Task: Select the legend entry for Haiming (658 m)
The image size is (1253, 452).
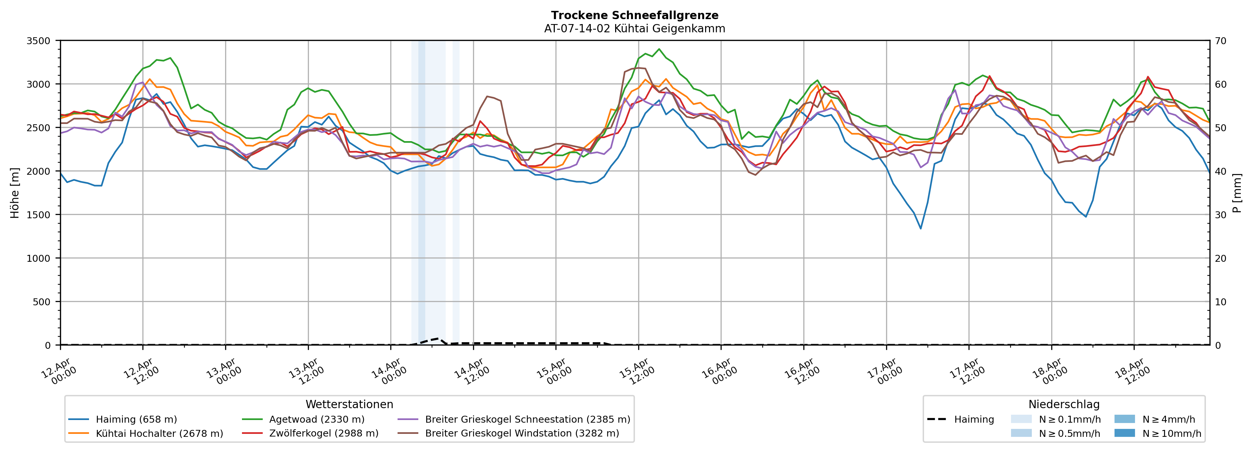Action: tap(136, 419)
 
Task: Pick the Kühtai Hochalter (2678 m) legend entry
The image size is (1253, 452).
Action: tap(159, 434)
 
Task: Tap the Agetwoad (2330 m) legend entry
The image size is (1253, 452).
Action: tap(317, 419)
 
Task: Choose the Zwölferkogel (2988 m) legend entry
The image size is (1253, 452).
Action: tap(323, 434)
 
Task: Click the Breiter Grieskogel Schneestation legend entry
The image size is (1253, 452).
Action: tap(527, 419)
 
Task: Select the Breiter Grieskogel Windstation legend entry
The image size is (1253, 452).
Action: tap(522, 434)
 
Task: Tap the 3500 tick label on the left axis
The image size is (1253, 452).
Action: tap(39, 41)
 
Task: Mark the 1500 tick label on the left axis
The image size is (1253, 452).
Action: tap(39, 215)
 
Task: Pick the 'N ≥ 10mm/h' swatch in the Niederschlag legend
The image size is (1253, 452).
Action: tap(1124, 433)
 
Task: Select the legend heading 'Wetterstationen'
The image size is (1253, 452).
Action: tap(349, 404)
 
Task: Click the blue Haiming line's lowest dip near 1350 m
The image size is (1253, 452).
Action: tap(921, 228)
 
